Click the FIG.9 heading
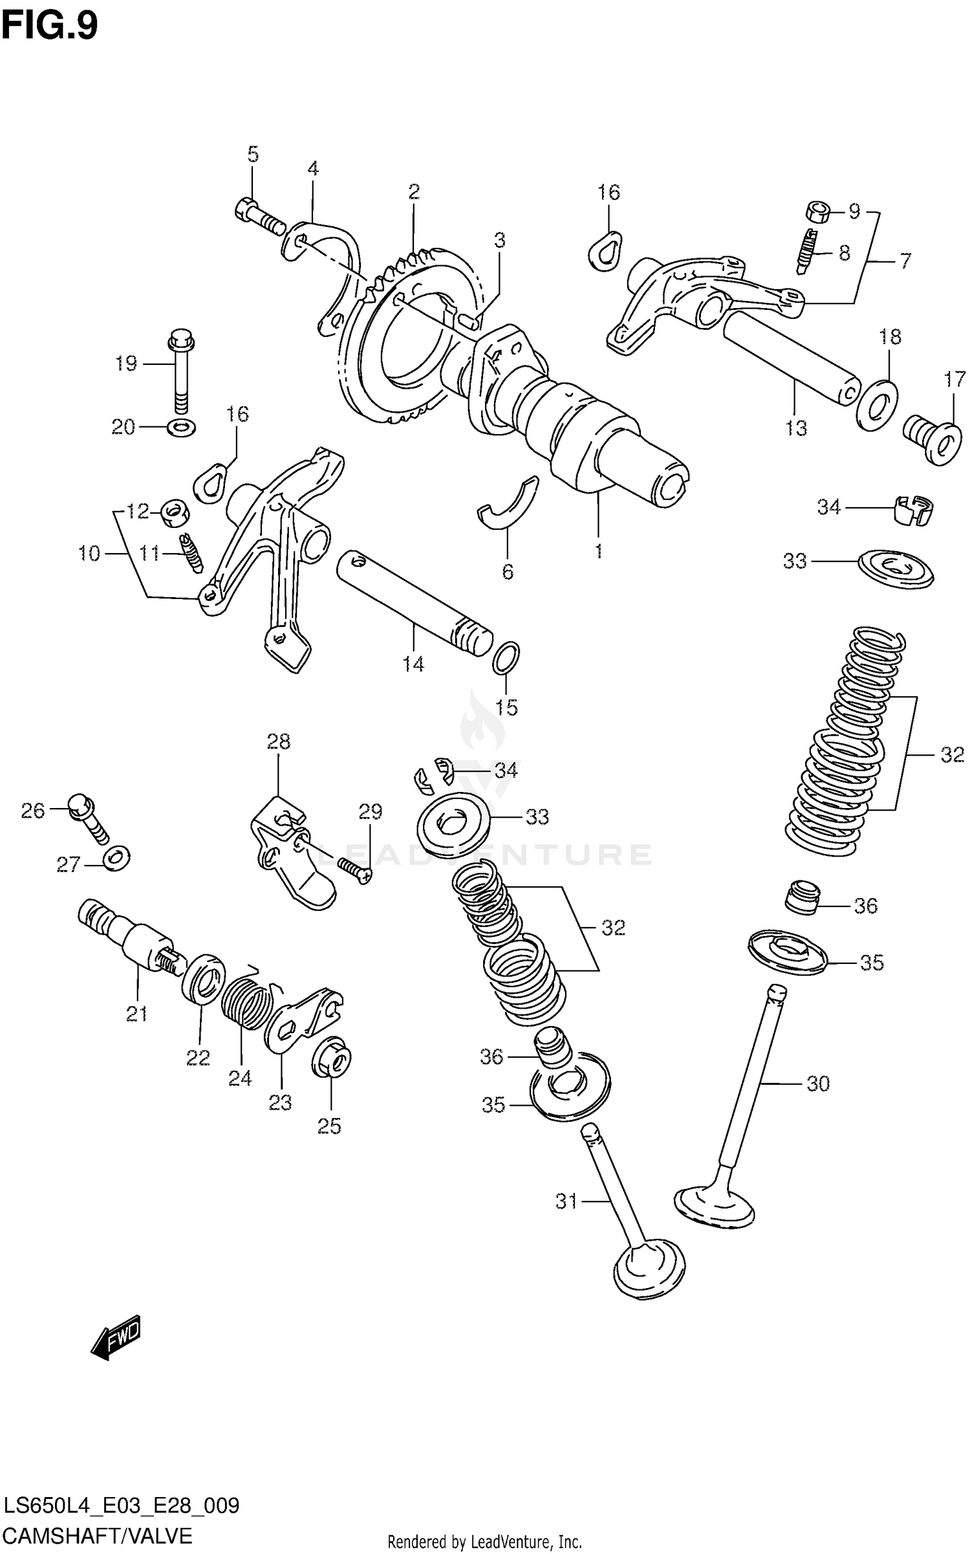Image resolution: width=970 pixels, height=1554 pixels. [49, 26]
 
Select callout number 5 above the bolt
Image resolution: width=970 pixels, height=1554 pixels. [253, 155]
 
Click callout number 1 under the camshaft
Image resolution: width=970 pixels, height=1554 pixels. [599, 551]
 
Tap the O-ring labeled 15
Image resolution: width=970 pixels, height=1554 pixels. [506, 657]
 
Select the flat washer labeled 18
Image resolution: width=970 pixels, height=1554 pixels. [877, 406]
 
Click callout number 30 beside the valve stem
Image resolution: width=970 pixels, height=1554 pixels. [818, 1084]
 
